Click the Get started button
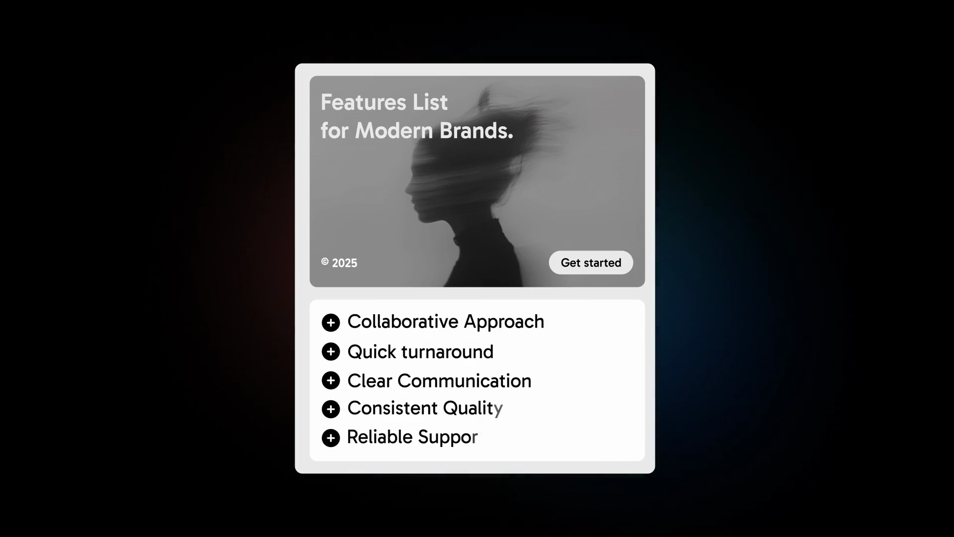(x=591, y=263)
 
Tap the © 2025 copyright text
(x=339, y=263)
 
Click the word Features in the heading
(x=363, y=102)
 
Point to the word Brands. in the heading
(x=477, y=131)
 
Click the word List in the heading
(x=430, y=102)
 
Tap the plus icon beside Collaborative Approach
(x=331, y=323)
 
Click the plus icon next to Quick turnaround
(x=331, y=352)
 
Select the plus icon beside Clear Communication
(x=331, y=380)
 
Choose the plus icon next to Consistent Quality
(x=331, y=409)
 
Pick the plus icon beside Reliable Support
(x=331, y=438)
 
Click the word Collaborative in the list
(x=403, y=322)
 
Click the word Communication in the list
(x=465, y=381)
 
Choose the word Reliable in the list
(x=380, y=437)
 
